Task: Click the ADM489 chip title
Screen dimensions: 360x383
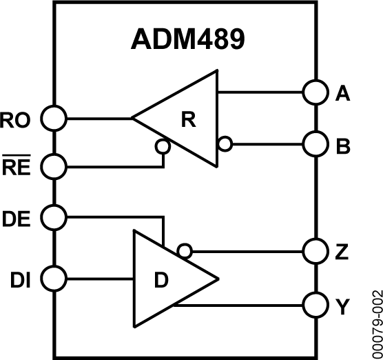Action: pyautogui.click(x=187, y=40)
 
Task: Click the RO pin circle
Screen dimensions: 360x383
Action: pyautogui.click(x=54, y=119)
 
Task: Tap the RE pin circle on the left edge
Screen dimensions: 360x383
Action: pyautogui.click(x=54, y=166)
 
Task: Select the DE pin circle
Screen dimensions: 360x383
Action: pyautogui.click(x=54, y=217)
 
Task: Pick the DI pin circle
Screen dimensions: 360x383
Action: pyautogui.click(x=54, y=279)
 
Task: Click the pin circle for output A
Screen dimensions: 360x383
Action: pyautogui.click(x=315, y=92)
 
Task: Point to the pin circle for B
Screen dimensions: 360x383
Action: pyautogui.click(x=315, y=145)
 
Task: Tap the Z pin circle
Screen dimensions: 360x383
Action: pyautogui.click(x=315, y=250)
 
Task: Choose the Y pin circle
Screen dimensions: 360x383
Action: pyautogui.click(x=315, y=304)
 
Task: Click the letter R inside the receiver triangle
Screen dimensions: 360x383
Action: pyautogui.click(x=188, y=119)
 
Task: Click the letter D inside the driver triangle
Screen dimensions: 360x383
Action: pyautogui.click(x=161, y=280)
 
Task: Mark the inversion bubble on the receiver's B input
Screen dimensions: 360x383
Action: pyautogui.click(x=224, y=145)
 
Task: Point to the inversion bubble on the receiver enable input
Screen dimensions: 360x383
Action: pyautogui.click(x=163, y=146)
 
